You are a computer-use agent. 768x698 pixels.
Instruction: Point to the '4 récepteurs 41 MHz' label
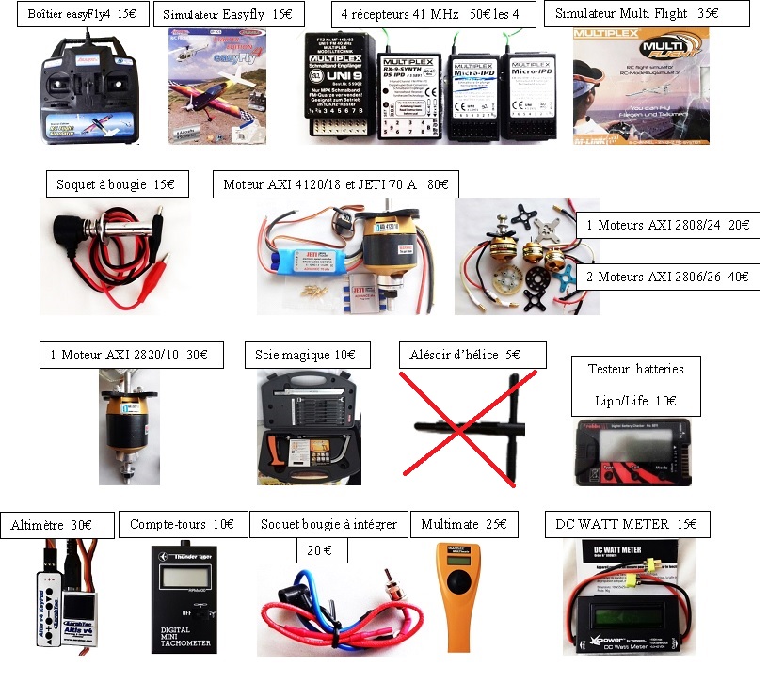[x=436, y=15]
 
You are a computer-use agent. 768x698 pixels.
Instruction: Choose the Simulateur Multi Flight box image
[x=640, y=85]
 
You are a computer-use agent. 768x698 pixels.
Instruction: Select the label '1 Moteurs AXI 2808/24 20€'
[x=667, y=225]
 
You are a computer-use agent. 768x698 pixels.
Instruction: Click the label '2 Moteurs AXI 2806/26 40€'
[x=667, y=277]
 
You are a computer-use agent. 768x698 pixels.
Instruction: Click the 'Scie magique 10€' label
[x=306, y=355]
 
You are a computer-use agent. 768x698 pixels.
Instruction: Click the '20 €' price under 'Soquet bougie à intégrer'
[x=320, y=548]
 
